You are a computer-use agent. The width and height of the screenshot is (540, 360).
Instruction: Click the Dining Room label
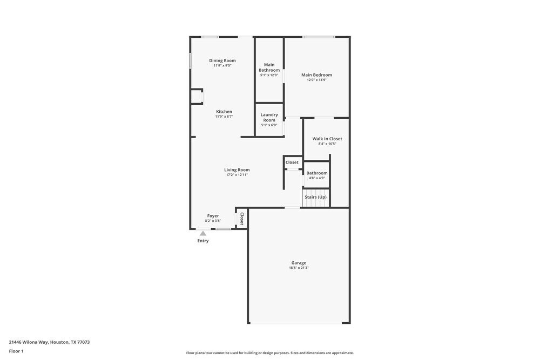click(222, 60)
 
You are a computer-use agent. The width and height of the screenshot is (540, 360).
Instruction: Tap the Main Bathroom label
click(269, 67)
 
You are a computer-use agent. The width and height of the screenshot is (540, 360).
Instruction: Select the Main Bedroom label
click(316, 75)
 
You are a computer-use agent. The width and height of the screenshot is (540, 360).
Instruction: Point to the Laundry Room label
click(269, 117)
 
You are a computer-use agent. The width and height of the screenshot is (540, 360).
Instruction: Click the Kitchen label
click(224, 112)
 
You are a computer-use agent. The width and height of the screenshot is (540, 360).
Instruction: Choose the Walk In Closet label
click(327, 139)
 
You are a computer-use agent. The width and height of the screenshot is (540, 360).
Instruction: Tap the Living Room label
click(237, 170)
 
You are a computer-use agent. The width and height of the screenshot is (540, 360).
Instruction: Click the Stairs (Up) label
click(315, 197)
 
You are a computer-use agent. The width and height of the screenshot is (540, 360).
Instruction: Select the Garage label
click(299, 263)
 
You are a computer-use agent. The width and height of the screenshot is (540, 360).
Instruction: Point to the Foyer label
click(213, 216)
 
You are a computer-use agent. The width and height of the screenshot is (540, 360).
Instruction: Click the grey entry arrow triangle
click(203, 233)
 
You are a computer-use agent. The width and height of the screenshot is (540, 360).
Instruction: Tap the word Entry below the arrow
click(202, 241)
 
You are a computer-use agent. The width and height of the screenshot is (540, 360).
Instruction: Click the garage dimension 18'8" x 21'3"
click(299, 268)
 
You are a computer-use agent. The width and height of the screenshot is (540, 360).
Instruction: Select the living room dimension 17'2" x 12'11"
click(237, 175)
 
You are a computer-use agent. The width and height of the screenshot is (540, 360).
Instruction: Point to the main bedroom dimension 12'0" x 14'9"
click(316, 80)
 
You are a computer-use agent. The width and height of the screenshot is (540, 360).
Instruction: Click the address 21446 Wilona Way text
click(49, 342)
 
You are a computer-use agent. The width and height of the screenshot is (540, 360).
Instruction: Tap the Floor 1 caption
click(16, 351)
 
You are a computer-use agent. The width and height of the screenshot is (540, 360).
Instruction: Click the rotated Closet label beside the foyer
click(242, 219)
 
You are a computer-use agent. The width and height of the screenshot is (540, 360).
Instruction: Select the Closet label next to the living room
click(292, 162)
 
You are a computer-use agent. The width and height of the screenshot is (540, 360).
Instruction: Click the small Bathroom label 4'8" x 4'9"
click(317, 173)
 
